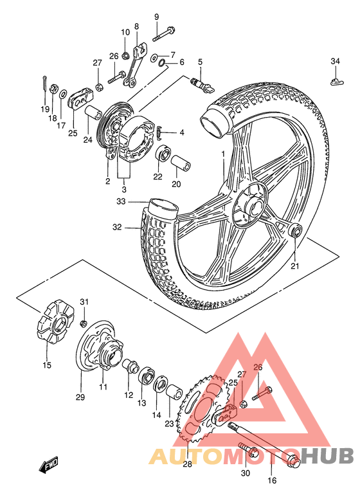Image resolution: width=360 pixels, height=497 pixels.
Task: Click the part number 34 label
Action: (335, 61)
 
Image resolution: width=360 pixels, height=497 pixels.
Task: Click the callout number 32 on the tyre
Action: (116, 227)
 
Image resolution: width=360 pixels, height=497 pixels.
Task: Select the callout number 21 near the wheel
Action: (295, 266)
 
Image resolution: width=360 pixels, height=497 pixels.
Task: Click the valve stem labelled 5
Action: (200, 82)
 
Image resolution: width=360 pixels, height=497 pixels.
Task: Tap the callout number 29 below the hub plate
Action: (80, 397)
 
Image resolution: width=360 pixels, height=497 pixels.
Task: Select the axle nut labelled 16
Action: (292, 460)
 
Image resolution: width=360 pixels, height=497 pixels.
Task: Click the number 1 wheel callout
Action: (224, 154)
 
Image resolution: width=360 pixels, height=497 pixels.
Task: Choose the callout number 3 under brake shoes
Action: (125, 190)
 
